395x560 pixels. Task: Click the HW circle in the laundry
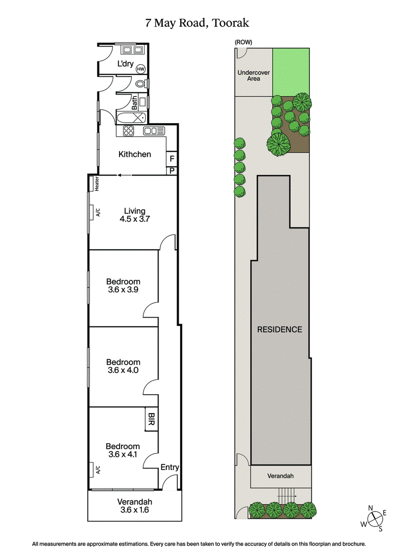click(x=141, y=69)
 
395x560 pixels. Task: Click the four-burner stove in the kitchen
click(x=129, y=131)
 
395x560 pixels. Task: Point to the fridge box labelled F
click(x=172, y=159)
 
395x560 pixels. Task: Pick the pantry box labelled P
click(x=172, y=171)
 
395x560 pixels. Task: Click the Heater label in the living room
click(x=98, y=184)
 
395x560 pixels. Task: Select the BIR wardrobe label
click(x=151, y=420)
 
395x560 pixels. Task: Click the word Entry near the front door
click(x=170, y=467)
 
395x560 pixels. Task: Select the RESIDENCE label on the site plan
click(x=279, y=329)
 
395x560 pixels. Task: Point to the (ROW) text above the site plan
click(x=242, y=43)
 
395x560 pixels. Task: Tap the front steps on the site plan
click(x=286, y=494)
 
